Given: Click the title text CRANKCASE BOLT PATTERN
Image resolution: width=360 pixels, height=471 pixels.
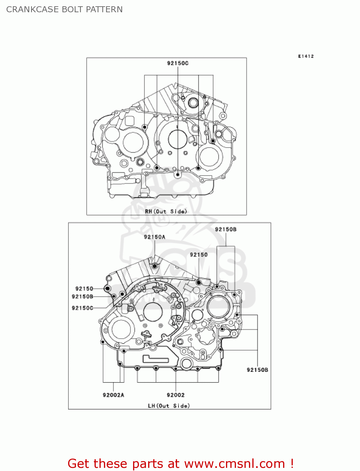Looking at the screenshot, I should tap(64, 9).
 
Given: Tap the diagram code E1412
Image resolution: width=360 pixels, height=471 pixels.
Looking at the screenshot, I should tap(306, 56).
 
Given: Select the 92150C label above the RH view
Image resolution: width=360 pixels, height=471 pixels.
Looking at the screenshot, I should tap(178, 63).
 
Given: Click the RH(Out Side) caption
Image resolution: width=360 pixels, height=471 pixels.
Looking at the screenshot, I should tap(166, 211).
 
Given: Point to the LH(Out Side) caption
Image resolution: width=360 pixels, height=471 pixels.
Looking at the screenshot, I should tap(169, 406).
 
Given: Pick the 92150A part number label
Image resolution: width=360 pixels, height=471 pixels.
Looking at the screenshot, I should tap(154, 237).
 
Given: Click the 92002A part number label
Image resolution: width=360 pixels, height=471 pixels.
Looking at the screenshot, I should tap(113, 395).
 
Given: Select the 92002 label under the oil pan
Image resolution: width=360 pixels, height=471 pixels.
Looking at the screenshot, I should tap(175, 395).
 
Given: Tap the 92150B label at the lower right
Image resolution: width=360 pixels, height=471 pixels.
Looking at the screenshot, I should tap(257, 370).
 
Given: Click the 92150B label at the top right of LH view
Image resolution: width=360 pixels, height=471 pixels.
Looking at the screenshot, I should tap(226, 229).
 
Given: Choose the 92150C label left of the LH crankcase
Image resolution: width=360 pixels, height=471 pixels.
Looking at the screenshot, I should tap(83, 308).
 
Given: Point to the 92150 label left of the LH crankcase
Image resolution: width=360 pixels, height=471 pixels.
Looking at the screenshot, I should tap(84, 289).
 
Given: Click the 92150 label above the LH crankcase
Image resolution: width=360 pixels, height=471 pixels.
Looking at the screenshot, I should tap(199, 255).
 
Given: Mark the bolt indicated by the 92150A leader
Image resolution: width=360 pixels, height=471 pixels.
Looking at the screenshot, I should tap(155, 266).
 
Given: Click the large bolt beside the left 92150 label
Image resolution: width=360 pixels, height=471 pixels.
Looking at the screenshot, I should tap(107, 289).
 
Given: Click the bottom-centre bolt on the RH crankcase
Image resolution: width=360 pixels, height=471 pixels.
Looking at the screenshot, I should tap(178, 174).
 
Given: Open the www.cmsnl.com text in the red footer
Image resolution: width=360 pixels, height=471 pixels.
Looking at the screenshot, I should tap(234, 463).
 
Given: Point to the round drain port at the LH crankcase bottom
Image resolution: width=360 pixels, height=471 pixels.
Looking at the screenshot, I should tap(186, 364).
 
